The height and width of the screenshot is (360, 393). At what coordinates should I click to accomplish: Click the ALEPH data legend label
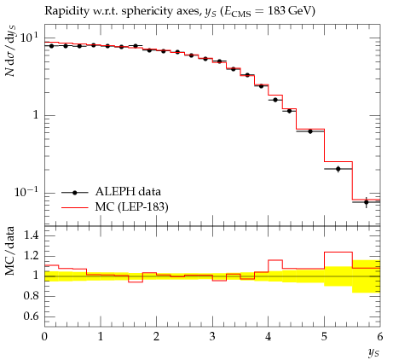(128, 192)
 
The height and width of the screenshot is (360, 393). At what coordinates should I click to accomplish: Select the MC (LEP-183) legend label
(132, 206)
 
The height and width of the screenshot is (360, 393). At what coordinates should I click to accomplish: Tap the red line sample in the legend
(75, 208)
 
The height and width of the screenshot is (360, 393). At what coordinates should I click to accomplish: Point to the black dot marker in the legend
(75, 193)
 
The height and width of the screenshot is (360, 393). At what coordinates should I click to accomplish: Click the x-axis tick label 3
(212, 337)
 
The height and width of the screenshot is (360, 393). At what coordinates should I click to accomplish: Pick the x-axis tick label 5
(324, 337)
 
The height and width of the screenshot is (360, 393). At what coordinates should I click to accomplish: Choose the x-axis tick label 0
(44, 337)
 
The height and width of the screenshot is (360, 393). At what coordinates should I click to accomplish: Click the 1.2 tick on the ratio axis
(31, 256)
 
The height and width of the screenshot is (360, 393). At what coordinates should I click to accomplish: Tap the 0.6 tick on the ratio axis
(31, 316)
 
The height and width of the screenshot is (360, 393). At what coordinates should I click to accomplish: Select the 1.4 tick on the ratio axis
(31, 235)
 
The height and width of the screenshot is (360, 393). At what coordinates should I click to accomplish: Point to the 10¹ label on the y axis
(29, 38)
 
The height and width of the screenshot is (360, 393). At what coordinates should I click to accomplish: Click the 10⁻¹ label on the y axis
(26, 192)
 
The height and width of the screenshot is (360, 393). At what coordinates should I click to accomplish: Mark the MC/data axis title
(10, 251)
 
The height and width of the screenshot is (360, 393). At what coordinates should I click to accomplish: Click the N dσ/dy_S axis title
(10, 50)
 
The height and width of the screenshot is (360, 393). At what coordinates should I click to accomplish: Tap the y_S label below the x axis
(373, 353)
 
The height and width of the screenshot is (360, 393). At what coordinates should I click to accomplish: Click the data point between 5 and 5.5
(338, 169)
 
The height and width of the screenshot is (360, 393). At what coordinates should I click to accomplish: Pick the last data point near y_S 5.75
(366, 202)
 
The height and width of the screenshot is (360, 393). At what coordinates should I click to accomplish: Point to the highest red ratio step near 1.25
(338, 252)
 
